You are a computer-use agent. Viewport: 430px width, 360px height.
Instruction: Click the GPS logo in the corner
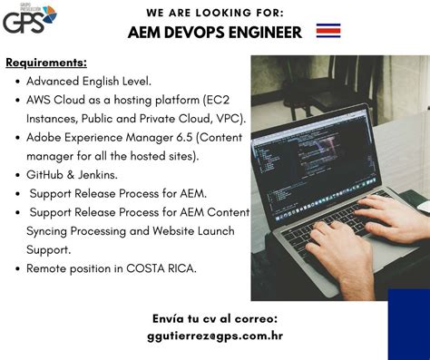[28, 17]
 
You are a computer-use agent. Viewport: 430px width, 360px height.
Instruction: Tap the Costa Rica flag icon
[328, 32]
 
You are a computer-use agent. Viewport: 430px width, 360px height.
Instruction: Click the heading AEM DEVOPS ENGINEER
[215, 33]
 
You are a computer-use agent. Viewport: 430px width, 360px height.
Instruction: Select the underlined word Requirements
[46, 63]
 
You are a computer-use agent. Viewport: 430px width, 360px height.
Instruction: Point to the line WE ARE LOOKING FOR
[214, 12]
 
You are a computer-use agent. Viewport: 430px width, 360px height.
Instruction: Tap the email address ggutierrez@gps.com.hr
[215, 335]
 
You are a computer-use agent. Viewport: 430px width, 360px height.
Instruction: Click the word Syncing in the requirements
[53, 230]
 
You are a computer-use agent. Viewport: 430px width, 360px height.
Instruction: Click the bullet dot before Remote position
[18, 269]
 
